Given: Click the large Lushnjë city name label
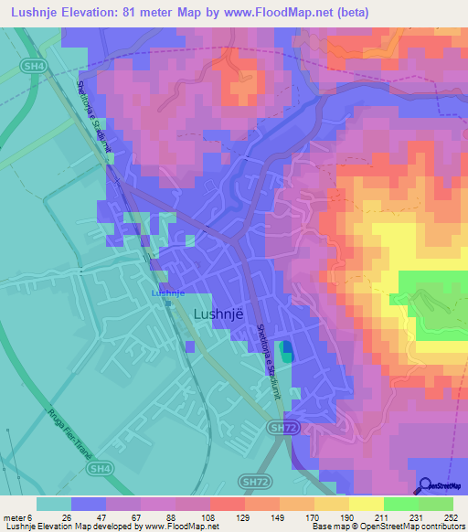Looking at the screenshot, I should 219,314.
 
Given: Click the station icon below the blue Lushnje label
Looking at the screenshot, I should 168,303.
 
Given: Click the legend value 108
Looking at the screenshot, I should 210,517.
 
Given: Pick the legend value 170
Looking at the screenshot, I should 314,517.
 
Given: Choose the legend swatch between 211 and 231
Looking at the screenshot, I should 400,504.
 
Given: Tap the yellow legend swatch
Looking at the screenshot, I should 366,504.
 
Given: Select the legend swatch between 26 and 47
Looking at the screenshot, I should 89,504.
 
